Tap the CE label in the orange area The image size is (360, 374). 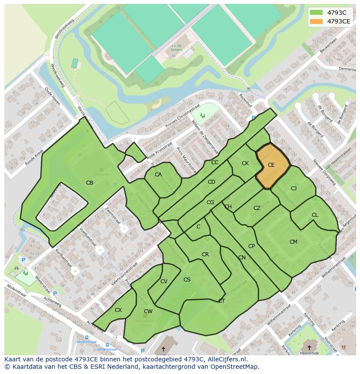pos(271,165)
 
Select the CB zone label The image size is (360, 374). pos(90,183)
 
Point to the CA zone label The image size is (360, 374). pos(158,175)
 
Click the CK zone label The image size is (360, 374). pos(245,163)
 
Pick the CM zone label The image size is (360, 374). pos(293,242)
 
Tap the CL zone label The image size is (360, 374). pos(315,215)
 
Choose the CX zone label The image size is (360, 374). pos(118,310)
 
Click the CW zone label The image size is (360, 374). pos(148,311)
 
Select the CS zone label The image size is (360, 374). pos(187,280)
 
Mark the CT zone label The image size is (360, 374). pos(221,301)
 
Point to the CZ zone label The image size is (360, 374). pos(257,208)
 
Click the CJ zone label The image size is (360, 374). pos(293,189)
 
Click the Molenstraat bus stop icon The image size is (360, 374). pos(87,337)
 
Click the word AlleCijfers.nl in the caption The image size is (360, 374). pos(226,360)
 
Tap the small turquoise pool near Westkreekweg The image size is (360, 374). pos(75,63)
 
